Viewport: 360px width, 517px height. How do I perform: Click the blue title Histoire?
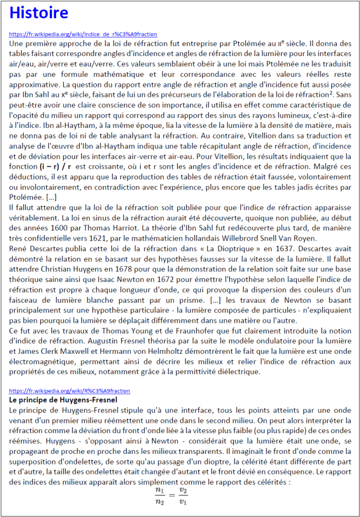click(39, 13)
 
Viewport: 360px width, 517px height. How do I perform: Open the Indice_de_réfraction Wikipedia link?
click(83, 34)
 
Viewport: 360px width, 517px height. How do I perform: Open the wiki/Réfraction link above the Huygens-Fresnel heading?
click(70, 391)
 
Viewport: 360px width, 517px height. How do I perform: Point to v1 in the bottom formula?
click(183, 502)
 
